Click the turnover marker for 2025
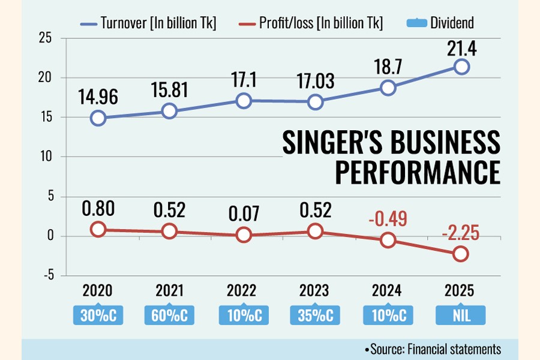click(x=461, y=67)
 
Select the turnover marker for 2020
click(x=98, y=118)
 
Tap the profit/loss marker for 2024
click(x=388, y=240)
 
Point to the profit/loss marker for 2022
click(x=243, y=235)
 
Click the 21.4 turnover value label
click(x=461, y=48)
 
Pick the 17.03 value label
click(x=316, y=82)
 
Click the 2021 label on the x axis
click(x=170, y=291)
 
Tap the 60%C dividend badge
click(x=170, y=314)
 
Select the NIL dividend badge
click(x=461, y=314)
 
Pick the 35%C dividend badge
click(x=316, y=314)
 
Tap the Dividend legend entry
click(x=441, y=23)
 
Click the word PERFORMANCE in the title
click(x=417, y=172)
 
